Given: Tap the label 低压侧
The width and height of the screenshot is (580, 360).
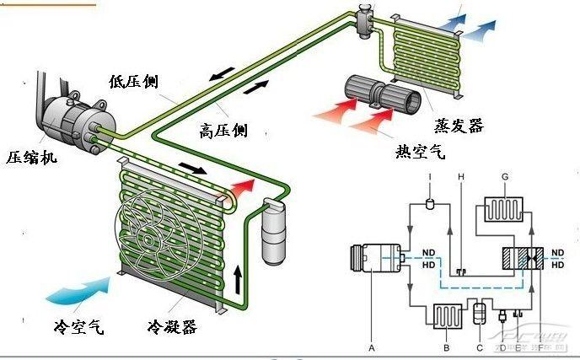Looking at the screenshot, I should point(133,82).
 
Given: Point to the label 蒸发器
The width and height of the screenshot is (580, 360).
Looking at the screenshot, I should point(459,126).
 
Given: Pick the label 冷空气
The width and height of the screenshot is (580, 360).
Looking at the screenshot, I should point(78,326).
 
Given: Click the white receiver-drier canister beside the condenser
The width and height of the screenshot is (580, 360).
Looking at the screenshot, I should point(274,229).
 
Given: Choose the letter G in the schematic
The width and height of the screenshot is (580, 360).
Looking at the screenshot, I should point(504,176).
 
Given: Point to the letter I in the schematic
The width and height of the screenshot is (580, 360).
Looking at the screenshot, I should point(430,176).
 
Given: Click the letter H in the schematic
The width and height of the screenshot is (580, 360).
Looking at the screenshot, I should point(460,176).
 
